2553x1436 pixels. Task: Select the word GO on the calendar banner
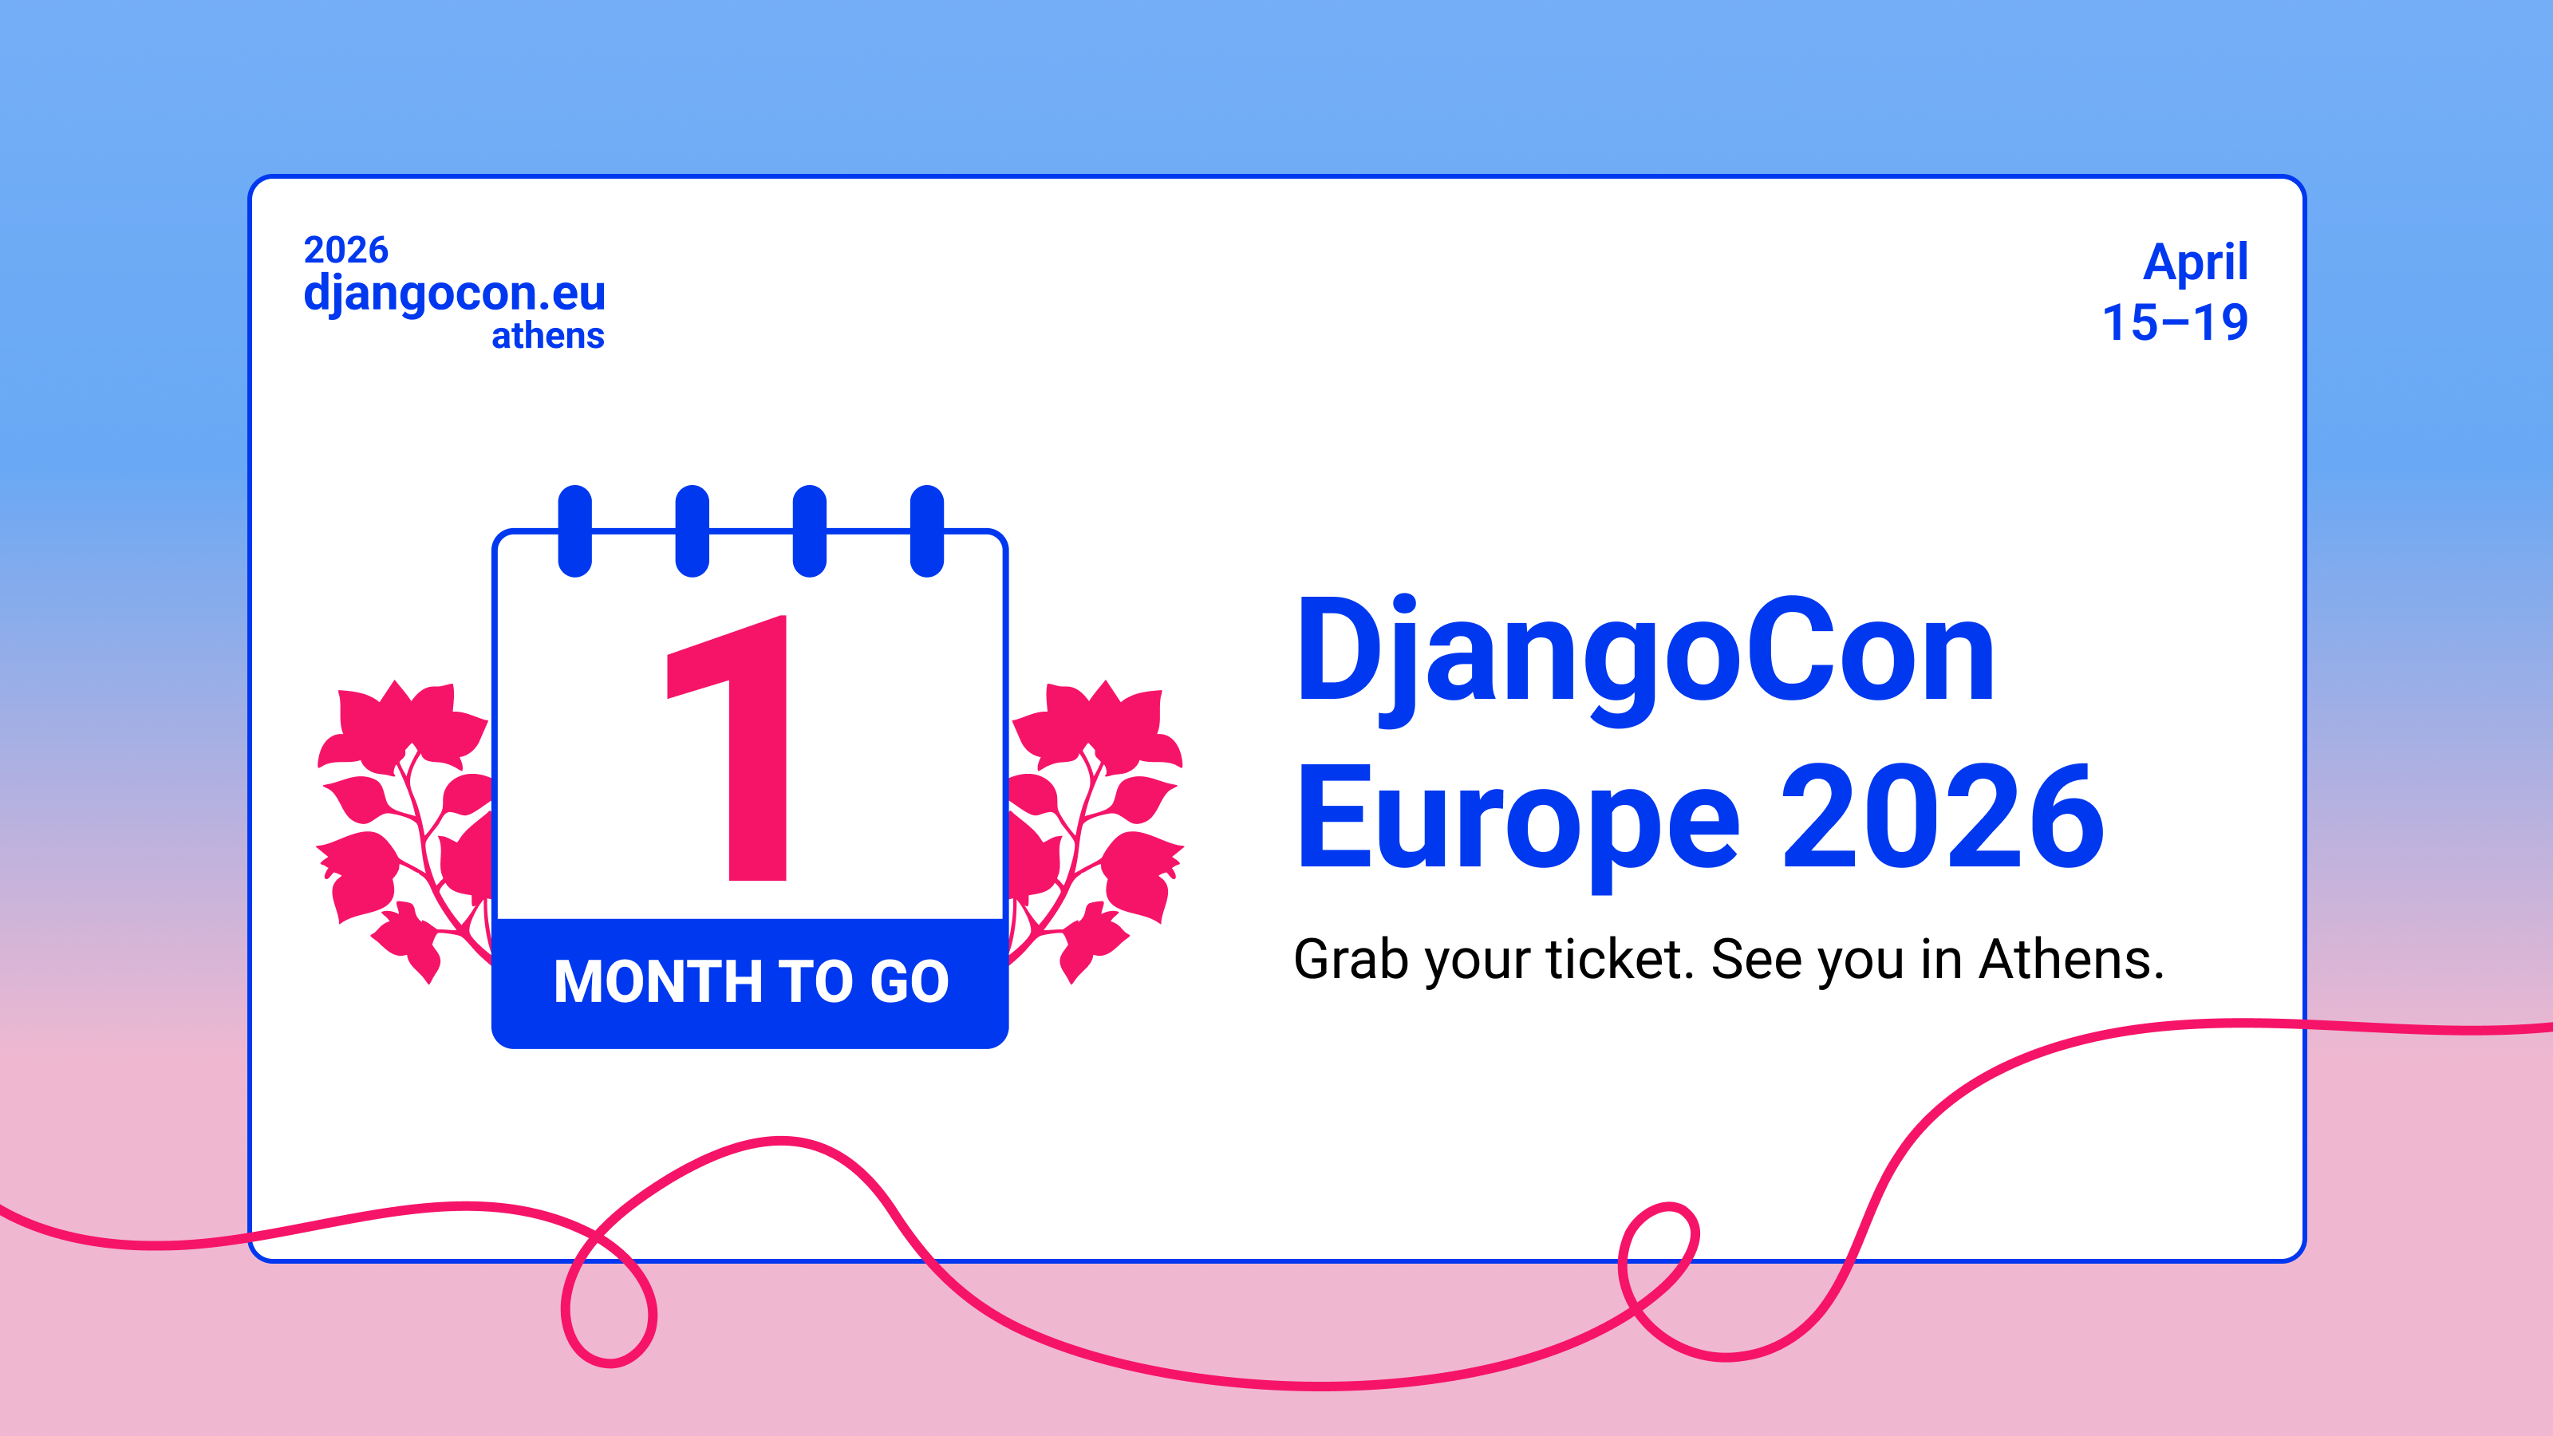pos(909,982)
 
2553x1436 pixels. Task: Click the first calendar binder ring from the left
pos(574,531)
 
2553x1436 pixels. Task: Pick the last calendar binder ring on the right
pos(926,531)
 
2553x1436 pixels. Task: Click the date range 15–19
pos(2176,323)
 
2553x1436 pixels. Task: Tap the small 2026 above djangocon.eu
pos(346,250)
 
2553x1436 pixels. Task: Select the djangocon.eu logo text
pos(454,294)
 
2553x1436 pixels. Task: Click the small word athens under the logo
pos(548,336)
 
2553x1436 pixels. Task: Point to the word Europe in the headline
pos(1517,823)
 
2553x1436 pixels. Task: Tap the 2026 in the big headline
pos(1942,817)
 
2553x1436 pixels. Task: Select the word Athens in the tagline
pos(2071,958)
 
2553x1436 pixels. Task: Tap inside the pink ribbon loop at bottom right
pos(1658,1251)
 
